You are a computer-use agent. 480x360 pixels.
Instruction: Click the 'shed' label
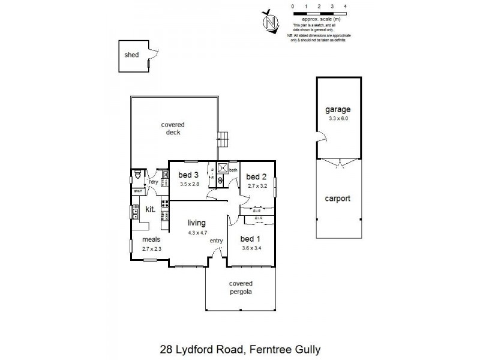pos(131,55)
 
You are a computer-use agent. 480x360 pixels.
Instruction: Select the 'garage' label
pos(337,110)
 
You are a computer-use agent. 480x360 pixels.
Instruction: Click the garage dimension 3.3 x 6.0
pos(337,119)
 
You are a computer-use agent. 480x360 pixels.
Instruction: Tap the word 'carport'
pos(337,198)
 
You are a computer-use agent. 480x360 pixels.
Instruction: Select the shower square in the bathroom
pos(221,169)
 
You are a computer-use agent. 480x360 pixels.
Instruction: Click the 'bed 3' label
pos(189,175)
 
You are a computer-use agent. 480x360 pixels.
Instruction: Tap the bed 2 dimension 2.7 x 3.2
pos(256,186)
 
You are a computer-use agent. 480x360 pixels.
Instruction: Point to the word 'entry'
pos(216,241)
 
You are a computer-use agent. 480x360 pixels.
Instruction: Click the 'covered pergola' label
pos(241,287)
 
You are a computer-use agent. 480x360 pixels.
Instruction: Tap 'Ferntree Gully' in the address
pos(288,349)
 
